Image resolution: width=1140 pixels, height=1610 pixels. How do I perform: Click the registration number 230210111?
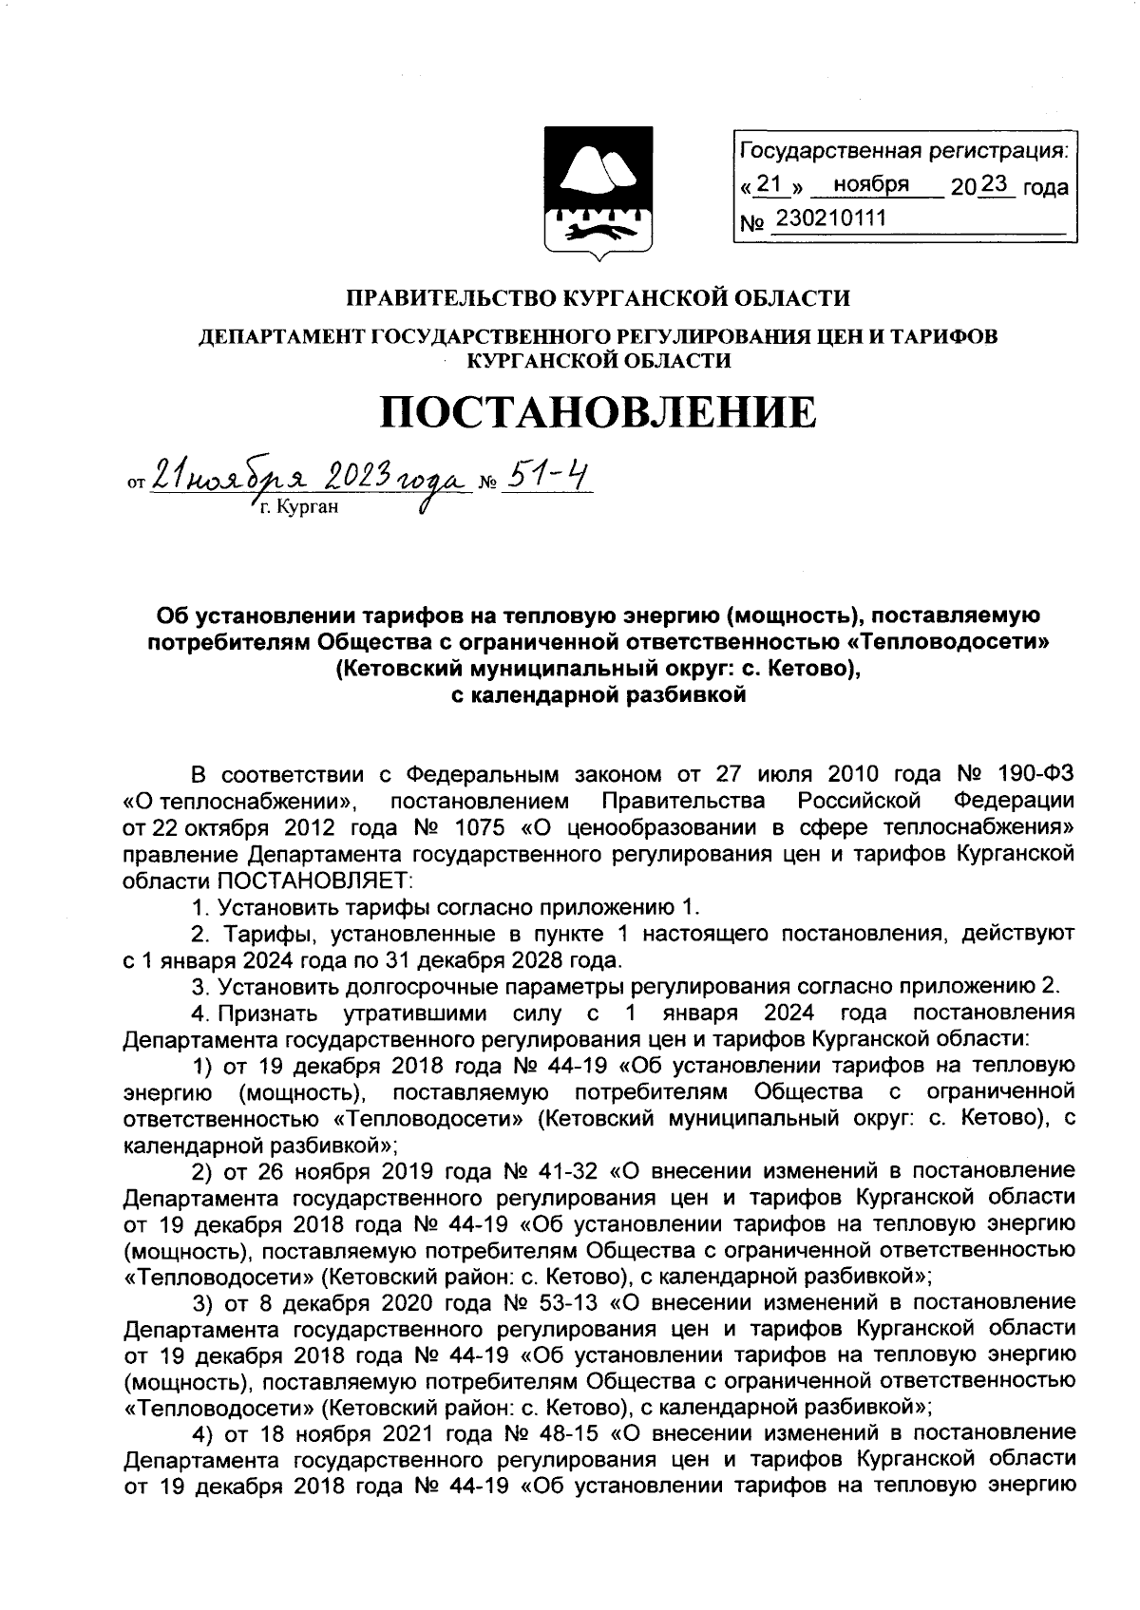(829, 219)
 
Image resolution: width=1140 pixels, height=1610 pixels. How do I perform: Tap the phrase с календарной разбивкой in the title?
(598, 695)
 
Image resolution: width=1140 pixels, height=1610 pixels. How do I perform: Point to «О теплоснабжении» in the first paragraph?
(243, 797)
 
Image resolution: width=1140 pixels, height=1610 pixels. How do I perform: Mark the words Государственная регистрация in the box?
(902, 151)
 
